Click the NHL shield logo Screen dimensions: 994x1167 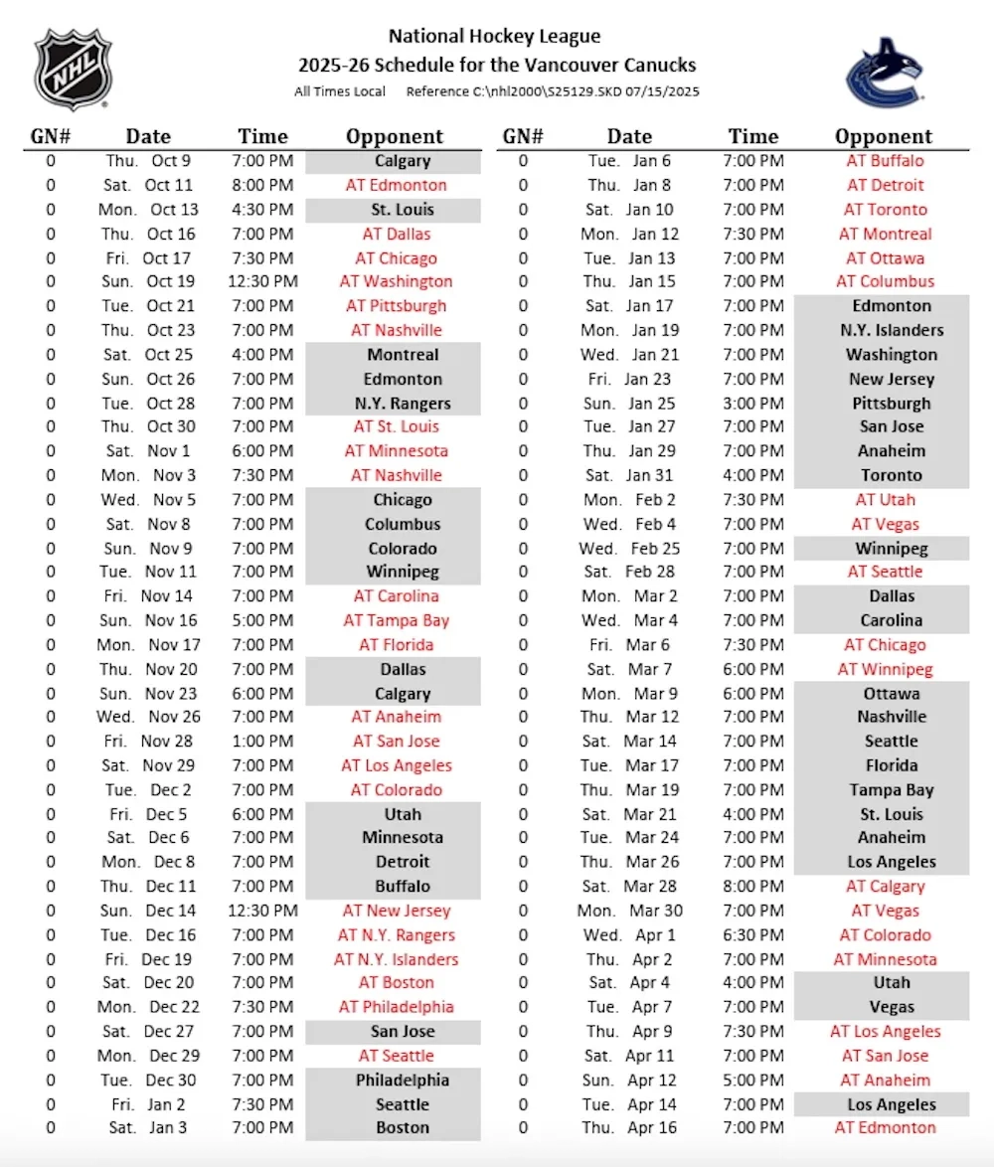[x=73, y=69]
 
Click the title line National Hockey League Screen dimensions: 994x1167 [x=494, y=37]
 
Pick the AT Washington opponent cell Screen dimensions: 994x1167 [x=396, y=281]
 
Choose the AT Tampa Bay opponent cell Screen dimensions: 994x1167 [x=396, y=620]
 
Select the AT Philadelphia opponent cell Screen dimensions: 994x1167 [x=396, y=1007]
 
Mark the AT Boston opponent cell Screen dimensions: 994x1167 [x=396, y=983]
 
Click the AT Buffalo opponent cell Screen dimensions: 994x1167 [x=885, y=161]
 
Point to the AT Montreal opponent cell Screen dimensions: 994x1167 [x=885, y=235]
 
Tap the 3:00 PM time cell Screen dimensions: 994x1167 [x=752, y=404]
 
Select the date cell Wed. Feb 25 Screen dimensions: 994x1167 [x=629, y=549]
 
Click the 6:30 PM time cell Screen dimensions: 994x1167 [x=752, y=935]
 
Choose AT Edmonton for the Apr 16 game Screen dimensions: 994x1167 [x=885, y=1128]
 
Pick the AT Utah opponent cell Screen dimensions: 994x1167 [x=885, y=500]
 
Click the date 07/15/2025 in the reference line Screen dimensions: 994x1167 [x=663, y=91]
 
